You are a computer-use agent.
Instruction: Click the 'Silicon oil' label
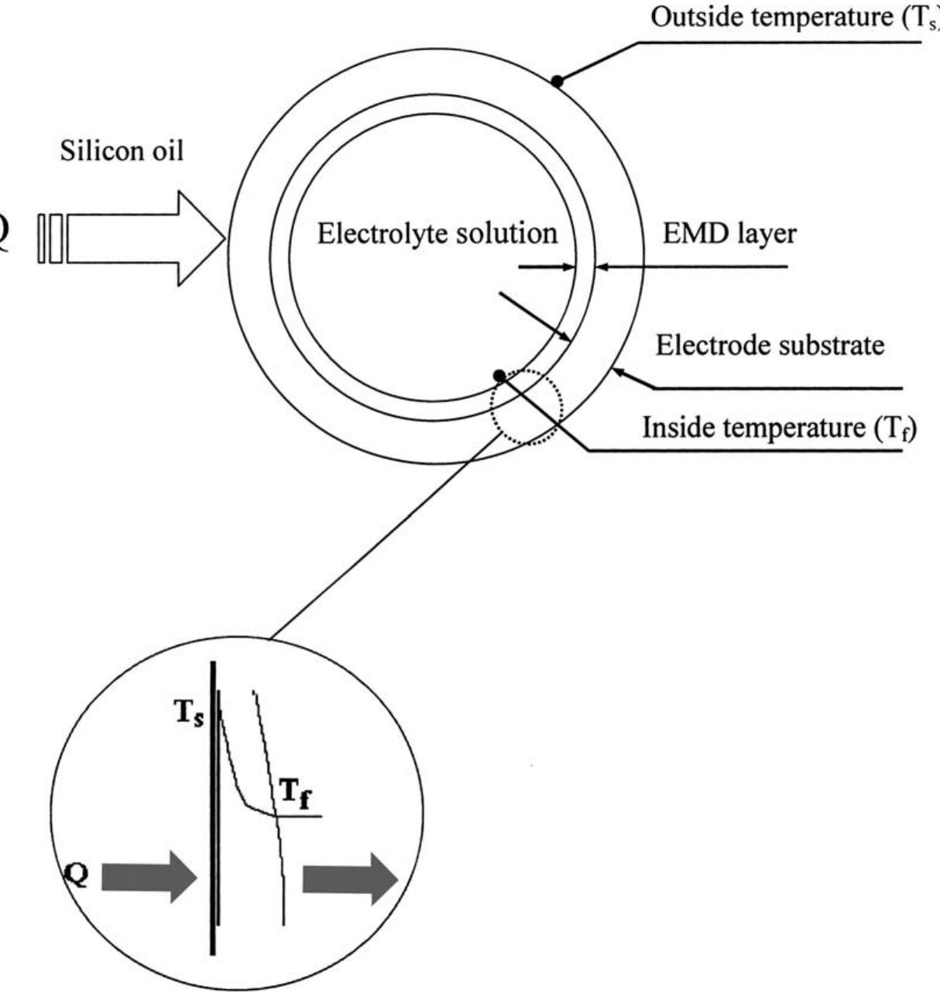pyautogui.click(x=122, y=150)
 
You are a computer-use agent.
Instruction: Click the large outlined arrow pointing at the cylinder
pyautogui.click(x=146, y=239)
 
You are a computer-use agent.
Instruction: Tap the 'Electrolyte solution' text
pyautogui.click(x=437, y=234)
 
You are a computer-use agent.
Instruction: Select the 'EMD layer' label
pyautogui.click(x=729, y=235)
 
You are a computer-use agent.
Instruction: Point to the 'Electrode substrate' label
pyautogui.click(x=770, y=345)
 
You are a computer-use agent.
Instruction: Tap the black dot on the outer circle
pyautogui.click(x=557, y=81)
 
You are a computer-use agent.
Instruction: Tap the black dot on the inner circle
pyautogui.click(x=499, y=376)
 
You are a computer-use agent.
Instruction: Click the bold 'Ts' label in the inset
pyautogui.click(x=190, y=713)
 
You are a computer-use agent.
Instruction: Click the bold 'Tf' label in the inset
pyautogui.click(x=296, y=792)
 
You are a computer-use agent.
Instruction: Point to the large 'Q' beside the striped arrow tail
pyautogui.click(x=2, y=237)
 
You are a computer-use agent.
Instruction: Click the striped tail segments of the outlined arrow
pyautogui.click(x=50, y=239)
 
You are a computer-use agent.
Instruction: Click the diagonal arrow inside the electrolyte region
pyautogui.click(x=535, y=317)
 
